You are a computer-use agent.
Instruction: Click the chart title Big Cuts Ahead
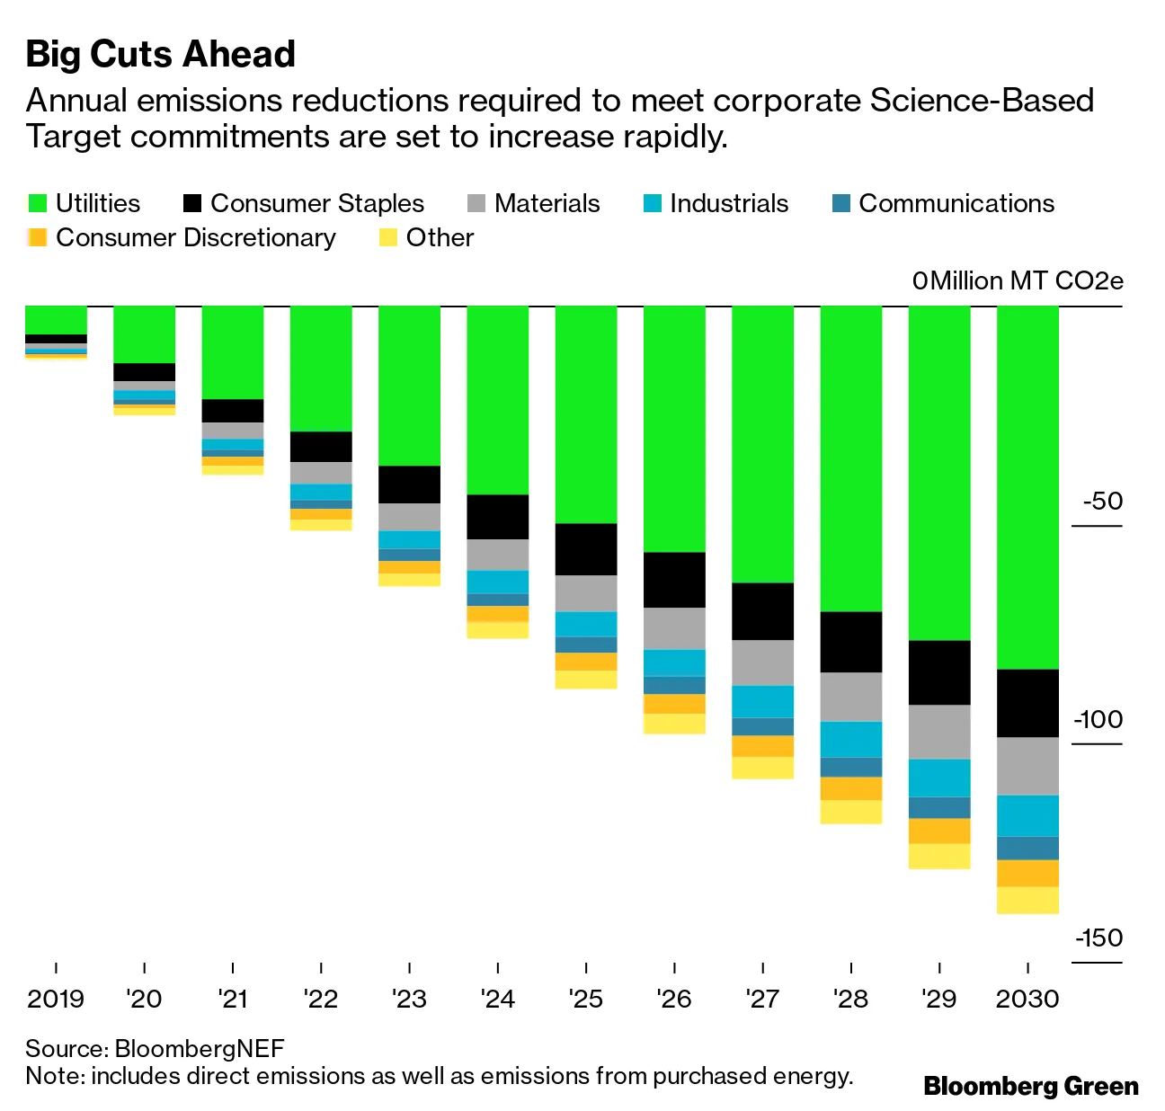click(160, 54)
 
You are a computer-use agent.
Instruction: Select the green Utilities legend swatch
click(37, 203)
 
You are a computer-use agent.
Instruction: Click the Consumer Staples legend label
click(316, 203)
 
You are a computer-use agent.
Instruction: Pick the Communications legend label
click(956, 203)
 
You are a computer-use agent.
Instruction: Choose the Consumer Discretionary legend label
click(195, 237)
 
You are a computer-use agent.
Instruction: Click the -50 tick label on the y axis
click(1102, 501)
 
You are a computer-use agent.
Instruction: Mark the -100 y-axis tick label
click(1098, 719)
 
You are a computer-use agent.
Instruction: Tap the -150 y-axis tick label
click(1098, 938)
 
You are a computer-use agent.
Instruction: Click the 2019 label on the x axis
click(56, 999)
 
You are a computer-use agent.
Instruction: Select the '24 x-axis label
click(497, 999)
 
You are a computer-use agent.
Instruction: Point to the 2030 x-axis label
click(1027, 999)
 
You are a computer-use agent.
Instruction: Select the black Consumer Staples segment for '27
click(762, 611)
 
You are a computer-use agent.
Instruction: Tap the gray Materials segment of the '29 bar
click(939, 732)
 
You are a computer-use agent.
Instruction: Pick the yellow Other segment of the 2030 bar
click(1027, 900)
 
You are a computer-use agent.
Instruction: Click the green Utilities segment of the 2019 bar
click(56, 320)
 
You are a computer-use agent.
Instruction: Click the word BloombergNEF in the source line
click(200, 1048)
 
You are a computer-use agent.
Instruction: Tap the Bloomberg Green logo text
click(1030, 1086)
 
